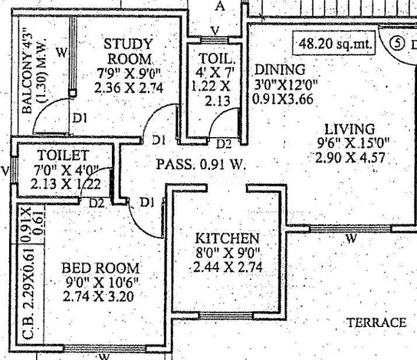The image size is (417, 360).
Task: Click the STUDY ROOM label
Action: coord(128,51)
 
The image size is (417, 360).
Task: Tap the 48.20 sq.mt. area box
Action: coord(334,44)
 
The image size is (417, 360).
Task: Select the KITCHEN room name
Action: coord(227,238)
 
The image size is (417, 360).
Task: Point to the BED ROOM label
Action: coord(100,268)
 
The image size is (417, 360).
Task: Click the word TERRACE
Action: coord(377,322)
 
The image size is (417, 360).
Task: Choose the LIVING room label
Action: coord(350,129)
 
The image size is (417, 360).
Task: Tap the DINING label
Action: coord(280,70)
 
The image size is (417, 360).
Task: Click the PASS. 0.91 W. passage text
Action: coord(201,164)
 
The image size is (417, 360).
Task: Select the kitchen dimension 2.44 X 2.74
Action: coord(228,267)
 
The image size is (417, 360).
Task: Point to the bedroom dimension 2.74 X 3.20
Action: coord(98,296)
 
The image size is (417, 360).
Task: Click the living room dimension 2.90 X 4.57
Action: coord(350,158)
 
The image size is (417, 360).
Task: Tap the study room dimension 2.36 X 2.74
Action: coord(129,87)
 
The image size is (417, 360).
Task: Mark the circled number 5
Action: coord(397,44)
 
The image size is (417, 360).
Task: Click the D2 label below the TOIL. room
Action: coord(224,144)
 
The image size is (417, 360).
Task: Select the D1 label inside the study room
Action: coord(80,118)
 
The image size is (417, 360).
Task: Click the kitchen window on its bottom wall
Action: coord(226,316)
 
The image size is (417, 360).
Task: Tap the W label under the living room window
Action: coord(351,238)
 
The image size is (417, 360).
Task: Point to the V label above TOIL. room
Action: coord(215,31)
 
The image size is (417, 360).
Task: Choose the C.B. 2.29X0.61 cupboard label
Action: coord(28,294)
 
